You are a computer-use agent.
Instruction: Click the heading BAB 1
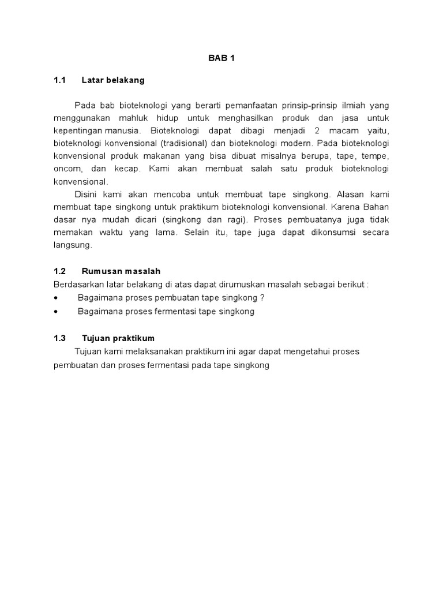pos(221,58)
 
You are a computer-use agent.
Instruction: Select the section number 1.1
pos(60,80)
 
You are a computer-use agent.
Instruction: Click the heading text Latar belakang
pos(113,80)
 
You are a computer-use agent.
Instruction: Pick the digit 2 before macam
pos(317,130)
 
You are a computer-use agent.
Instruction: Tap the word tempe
pos(377,156)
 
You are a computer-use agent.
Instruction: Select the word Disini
pos(88,194)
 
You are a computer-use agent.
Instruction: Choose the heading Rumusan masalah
pos(121,271)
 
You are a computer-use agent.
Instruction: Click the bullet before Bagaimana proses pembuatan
pos(56,298)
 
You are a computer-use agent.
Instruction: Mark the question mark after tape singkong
pos(262,298)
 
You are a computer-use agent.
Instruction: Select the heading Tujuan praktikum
pos(118,338)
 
